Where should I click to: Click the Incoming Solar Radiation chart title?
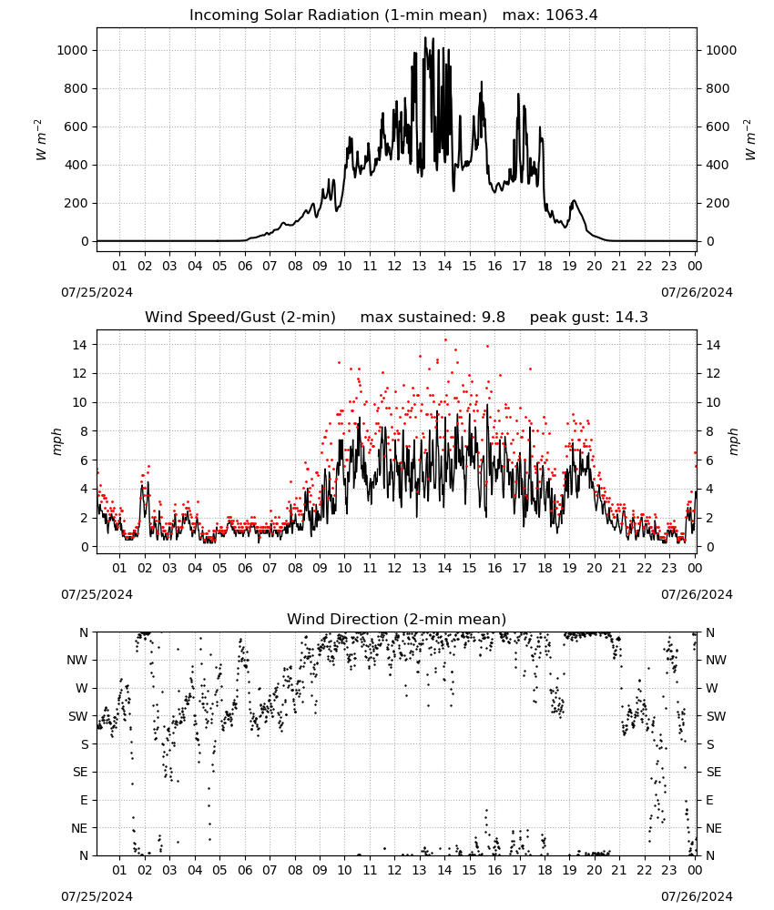pyautogui.click(x=338, y=15)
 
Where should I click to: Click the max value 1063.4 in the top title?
pyautogui.click(x=571, y=15)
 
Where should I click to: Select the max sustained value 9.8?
pyautogui.click(x=493, y=317)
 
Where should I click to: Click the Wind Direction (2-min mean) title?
pyautogui.click(x=396, y=619)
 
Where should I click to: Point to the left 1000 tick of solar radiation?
pyautogui.click(x=72, y=50)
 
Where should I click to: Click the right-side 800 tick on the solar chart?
pyautogui.click(x=718, y=89)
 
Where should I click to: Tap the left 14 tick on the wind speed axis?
pyautogui.click(x=80, y=345)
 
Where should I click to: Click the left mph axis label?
pyautogui.click(x=56, y=441)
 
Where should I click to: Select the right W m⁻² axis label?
pyautogui.click(x=749, y=140)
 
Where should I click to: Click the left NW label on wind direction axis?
pyautogui.click(x=77, y=661)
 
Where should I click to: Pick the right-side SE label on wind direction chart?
pyautogui.click(x=714, y=772)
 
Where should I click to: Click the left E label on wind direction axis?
pyautogui.click(x=84, y=800)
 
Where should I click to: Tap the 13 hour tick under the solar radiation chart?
pyautogui.click(x=419, y=266)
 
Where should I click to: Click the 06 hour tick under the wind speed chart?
pyautogui.click(x=244, y=568)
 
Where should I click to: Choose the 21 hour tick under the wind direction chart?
pyautogui.click(x=619, y=870)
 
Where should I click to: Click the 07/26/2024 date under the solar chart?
pyautogui.click(x=697, y=292)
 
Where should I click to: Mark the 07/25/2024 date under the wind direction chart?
pyautogui.click(x=97, y=896)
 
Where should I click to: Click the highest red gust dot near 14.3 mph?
pyautogui.click(x=445, y=340)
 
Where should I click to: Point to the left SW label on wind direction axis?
pyautogui.click(x=77, y=717)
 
